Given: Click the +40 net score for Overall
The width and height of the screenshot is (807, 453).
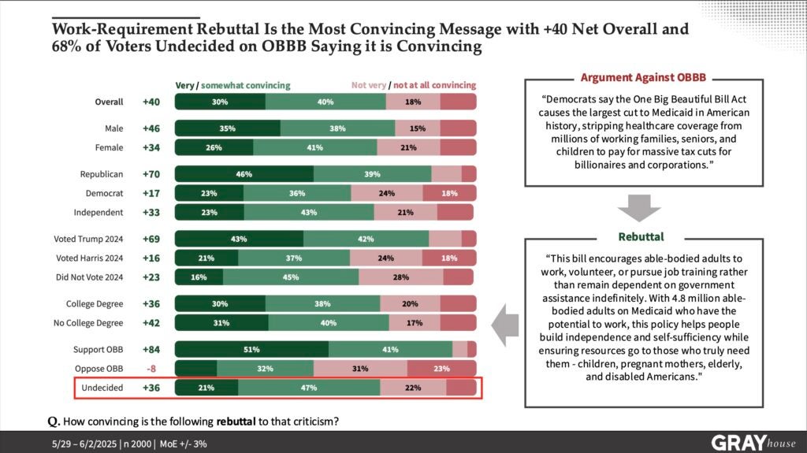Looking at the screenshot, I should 151,102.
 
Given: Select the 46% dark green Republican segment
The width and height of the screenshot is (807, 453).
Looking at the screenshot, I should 244,173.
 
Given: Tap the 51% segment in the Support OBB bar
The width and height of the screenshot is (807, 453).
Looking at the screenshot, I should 251,349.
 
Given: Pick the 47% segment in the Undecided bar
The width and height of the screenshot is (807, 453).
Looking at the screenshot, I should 308,388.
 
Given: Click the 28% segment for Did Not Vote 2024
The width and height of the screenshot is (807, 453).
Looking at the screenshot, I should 401,276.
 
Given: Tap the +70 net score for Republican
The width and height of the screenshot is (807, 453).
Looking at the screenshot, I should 151,173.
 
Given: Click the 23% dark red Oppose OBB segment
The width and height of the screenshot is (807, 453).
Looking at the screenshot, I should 441,369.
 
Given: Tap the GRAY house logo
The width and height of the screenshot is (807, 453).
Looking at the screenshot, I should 752,442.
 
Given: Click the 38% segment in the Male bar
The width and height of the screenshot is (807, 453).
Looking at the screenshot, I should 337,128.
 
